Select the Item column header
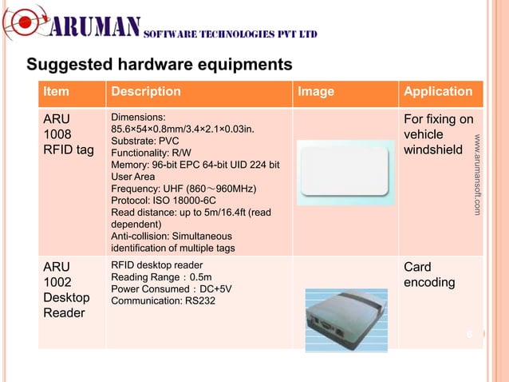[55, 92]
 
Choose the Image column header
[316, 92]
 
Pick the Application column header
[438, 92]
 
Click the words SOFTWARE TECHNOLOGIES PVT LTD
[231, 34]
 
